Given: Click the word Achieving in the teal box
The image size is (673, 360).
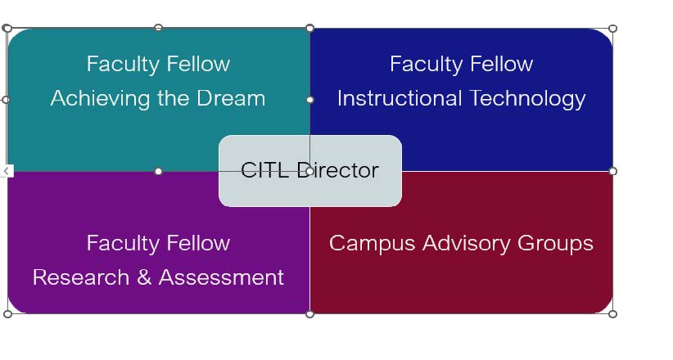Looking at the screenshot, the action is click(x=101, y=99).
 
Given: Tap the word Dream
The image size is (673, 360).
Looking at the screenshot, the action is click(x=231, y=98).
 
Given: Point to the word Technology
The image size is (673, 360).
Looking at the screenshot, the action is click(x=527, y=99).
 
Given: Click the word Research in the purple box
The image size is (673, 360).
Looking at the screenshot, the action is click(x=81, y=277).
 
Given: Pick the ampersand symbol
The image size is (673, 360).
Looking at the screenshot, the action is click(x=144, y=277).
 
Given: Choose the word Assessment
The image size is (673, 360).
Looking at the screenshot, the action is click(x=222, y=277).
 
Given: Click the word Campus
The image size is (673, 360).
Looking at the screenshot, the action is click(x=373, y=244).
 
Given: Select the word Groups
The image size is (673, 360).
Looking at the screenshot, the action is click(x=555, y=244).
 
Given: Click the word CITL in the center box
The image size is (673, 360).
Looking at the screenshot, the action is click(x=264, y=170).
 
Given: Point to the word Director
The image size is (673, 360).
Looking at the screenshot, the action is click(x=338, y=170).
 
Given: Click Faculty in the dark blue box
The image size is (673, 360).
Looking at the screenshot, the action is click(x=426, y=65).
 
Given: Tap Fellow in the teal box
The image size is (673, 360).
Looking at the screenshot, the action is click(x=198, y=64).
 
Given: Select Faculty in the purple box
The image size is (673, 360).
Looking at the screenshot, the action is click(x=123, y=244).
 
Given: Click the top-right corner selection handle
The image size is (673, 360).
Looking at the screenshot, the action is click(x=613, y=29).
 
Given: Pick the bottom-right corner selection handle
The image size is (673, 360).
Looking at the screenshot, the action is click(x=613, y=314).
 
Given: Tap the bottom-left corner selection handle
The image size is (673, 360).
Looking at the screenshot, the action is click(x=7, y=314).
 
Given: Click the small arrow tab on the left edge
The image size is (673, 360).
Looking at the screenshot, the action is click(x=7, y=171).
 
